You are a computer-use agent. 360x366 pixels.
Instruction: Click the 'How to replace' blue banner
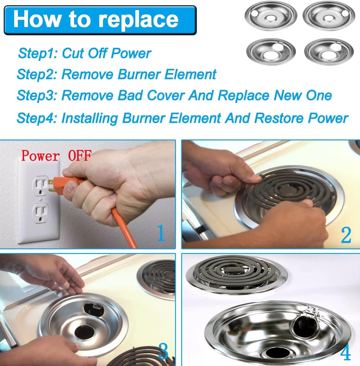[100, 20]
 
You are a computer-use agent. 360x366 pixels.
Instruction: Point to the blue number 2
[345, 235]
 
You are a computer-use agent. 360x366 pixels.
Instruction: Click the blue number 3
[163, 352]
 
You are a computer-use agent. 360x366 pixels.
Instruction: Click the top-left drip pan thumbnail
[271, 16]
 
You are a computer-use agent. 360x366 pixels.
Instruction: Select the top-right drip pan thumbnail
[329, 16]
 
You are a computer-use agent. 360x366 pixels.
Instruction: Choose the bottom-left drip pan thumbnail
[271, 52]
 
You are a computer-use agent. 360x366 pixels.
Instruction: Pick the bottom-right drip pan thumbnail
[329, 52]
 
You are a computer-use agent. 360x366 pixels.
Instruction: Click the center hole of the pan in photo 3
[84, 332]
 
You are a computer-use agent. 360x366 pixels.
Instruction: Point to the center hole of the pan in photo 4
[277, 352]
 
